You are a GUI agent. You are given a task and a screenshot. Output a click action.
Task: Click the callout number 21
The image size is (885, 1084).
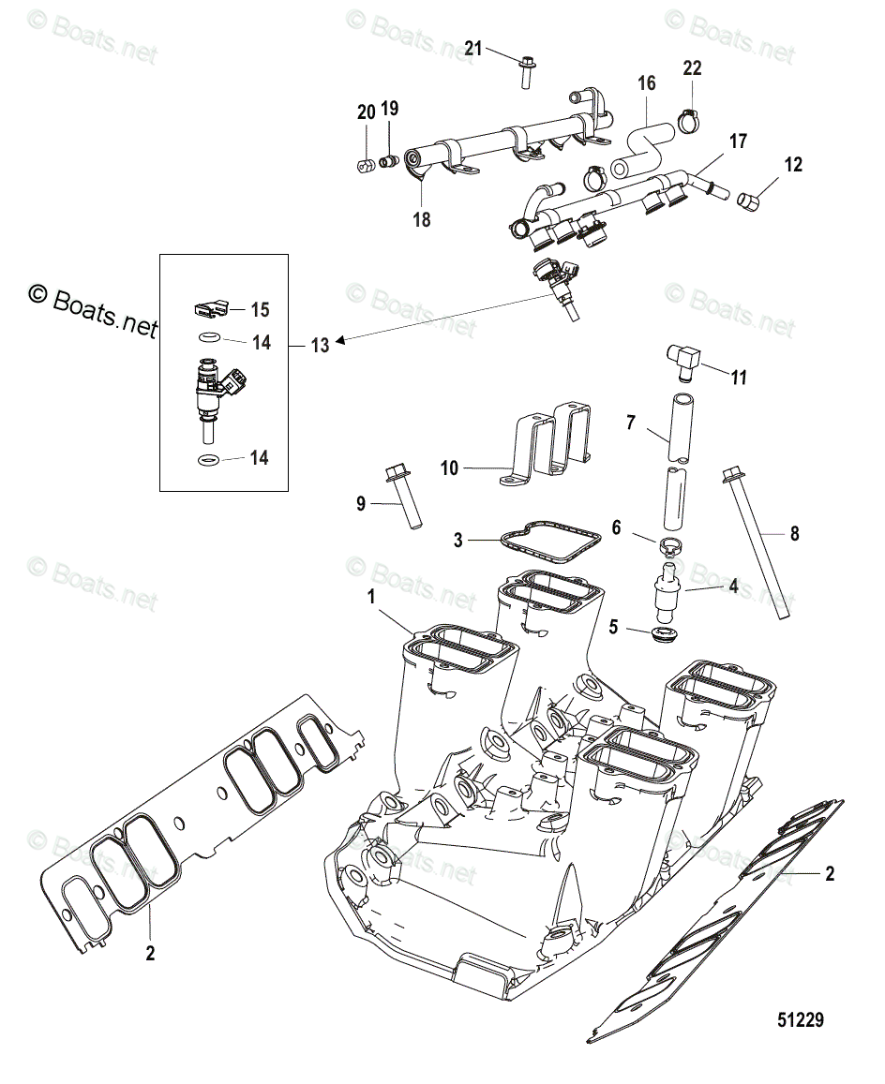coord(473,48)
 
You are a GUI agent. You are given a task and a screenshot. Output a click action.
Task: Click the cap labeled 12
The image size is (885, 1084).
coord(749,200)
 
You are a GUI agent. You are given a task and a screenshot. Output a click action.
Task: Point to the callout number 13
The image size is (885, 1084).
coord(320,346)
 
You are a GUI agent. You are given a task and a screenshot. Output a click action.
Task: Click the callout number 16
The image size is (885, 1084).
coord(647,83)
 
